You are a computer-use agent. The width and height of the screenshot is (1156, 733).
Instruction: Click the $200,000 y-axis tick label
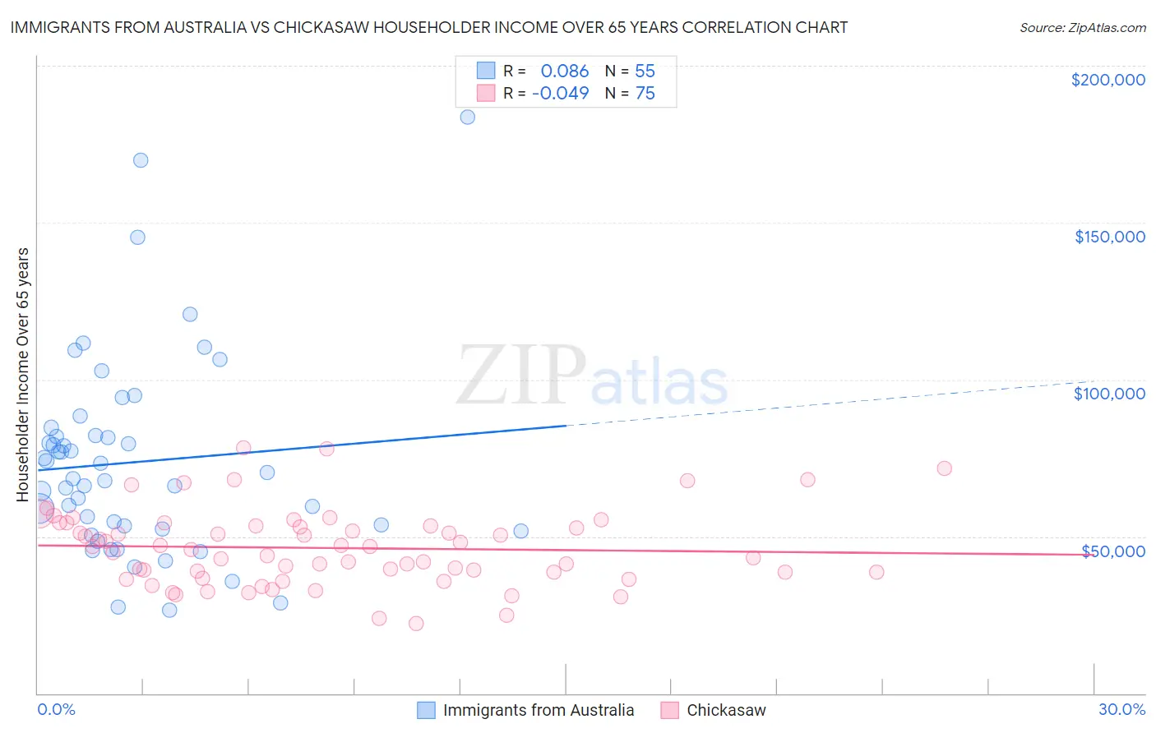coord(1107,80)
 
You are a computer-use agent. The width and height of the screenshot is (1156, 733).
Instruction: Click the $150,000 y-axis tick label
coord(1109,237)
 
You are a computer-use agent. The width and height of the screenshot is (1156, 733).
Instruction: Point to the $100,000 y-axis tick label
coord(1109,394)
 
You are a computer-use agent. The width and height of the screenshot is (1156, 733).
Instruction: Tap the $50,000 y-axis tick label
coord(1112,551)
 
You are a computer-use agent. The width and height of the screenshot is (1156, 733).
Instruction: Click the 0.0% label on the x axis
coord(56,709)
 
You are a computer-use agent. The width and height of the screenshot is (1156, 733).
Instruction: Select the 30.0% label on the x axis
coord(1121,709)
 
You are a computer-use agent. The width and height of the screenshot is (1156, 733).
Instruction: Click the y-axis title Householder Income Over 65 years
coord(23,375)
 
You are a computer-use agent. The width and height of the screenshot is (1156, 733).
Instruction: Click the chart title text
coord(428,27)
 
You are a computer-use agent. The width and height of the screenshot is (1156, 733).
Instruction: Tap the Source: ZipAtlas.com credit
coord(1082,27)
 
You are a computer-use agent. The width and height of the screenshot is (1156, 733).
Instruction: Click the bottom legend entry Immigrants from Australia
coord(539,710)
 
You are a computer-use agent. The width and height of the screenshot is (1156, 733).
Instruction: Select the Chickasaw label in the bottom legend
coord(726,710)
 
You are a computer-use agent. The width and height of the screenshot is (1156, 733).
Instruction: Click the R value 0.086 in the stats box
coord(565,71)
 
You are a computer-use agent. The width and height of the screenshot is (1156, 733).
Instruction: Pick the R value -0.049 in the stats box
coord(561,94)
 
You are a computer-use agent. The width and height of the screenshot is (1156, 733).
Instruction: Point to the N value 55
coord(645,71)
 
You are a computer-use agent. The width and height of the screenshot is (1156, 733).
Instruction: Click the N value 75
coord(645,94)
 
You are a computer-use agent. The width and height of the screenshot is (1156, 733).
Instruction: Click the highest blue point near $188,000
coord(467,117)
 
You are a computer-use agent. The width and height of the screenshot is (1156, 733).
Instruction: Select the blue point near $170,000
coord(141,160)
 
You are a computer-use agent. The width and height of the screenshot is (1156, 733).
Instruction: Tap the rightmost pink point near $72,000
coord(944,468)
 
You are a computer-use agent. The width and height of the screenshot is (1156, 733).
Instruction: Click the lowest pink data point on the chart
coord(416,624)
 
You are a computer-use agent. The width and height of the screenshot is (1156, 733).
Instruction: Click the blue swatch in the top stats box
coord(486,71)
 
